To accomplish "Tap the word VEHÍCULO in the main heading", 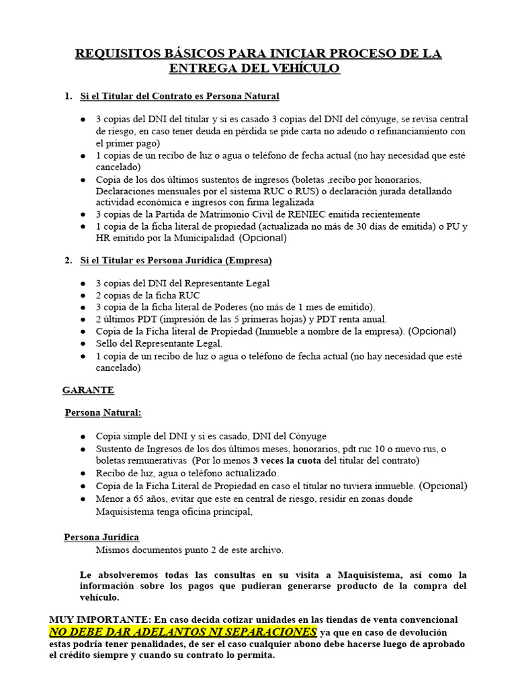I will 303,69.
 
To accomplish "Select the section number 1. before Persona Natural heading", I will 68,96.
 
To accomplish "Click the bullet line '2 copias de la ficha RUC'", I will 148,295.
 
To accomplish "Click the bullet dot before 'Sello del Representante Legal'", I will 82,343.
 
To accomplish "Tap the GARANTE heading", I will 88,390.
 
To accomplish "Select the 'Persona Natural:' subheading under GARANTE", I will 103,413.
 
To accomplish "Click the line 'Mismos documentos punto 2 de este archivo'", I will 189,550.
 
